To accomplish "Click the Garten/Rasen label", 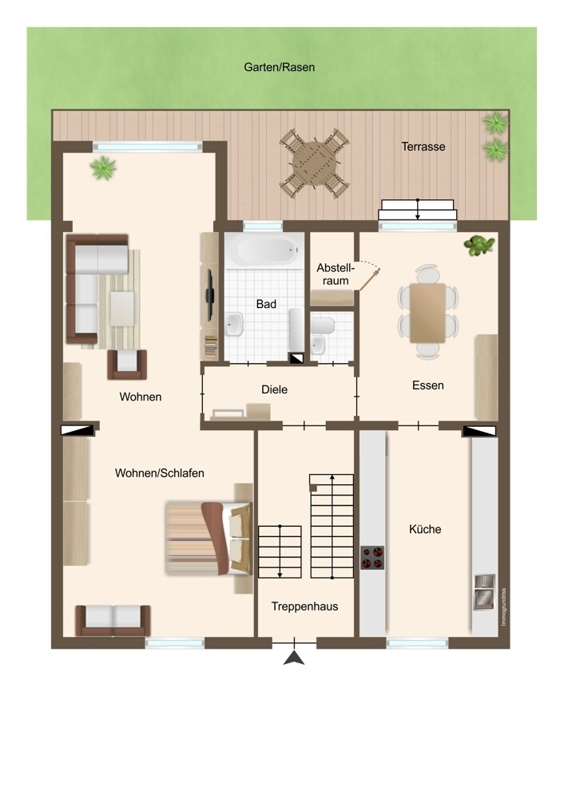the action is point(279,67).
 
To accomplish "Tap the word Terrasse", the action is point(423,147).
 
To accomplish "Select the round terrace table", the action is point(314,164).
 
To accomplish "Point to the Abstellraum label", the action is point(336,274).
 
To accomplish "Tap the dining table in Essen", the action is point(428,313).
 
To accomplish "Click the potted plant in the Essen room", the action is point(479,245).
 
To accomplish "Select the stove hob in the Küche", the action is point(372,557).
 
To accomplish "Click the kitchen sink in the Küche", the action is point(485,592).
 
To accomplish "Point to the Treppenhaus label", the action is point(304,606).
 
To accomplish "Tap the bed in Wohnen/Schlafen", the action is point(209,539).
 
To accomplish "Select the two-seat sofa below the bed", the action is point(113,620).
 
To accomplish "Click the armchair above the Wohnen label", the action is point(127,365).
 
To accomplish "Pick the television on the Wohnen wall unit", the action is point(209,295).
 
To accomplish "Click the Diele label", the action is point(274,390).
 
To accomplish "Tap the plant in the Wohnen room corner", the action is point(103,168).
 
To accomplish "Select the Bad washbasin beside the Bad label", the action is point(234,324).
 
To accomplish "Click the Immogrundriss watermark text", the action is point(504,607).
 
